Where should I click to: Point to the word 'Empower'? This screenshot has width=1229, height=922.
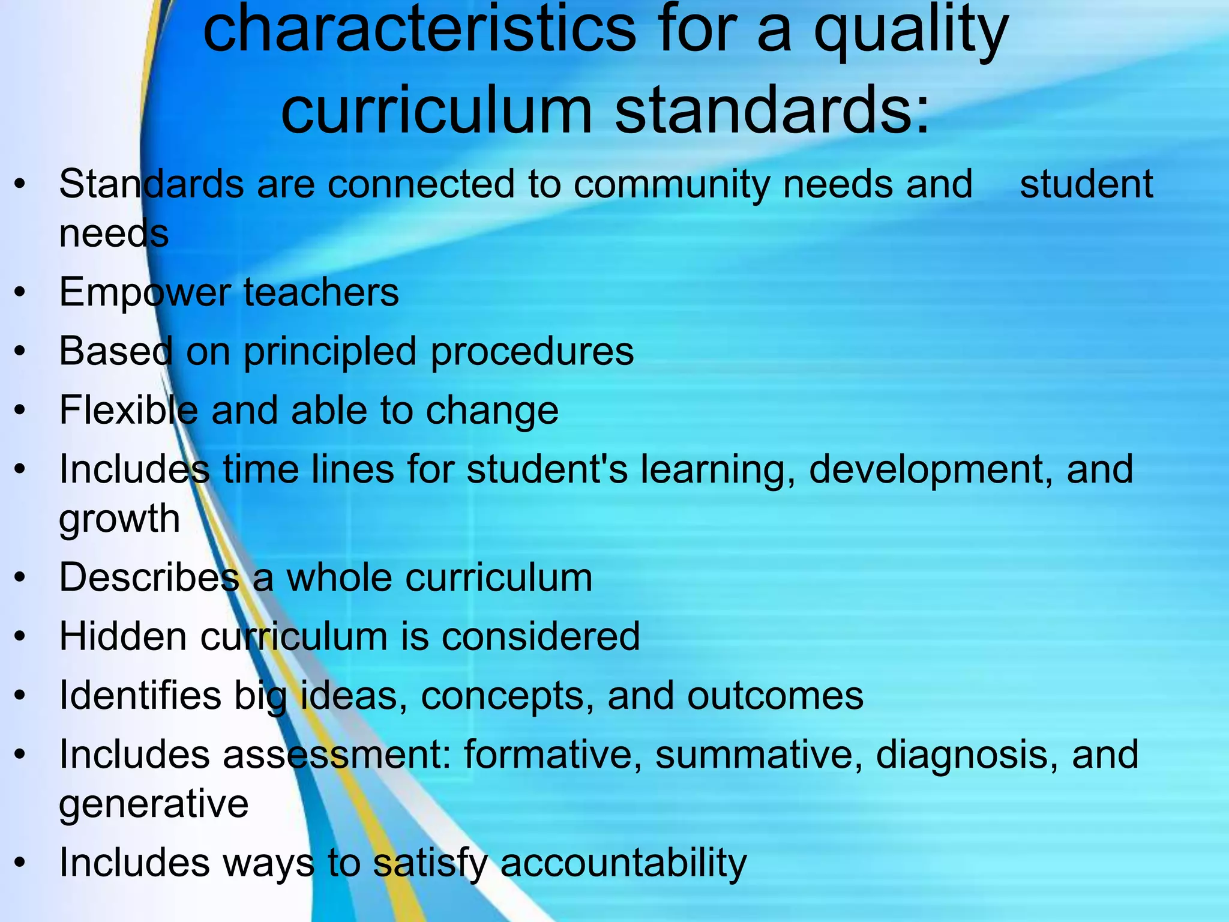click(145, 293)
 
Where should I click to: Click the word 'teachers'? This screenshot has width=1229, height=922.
click(321, 293)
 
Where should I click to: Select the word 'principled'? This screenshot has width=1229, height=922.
click(329, 352)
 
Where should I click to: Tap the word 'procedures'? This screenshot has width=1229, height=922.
click(532, 352)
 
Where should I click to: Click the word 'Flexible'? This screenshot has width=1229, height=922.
click(128, 411)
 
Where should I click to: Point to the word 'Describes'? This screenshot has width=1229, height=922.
click(149, 577)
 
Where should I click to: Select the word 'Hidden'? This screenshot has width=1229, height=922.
click(123, 636)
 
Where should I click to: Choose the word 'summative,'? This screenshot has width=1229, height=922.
click(759, 754)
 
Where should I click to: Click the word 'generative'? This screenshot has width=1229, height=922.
click(154, 804)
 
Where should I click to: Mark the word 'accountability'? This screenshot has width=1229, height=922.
click(624, 863)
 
